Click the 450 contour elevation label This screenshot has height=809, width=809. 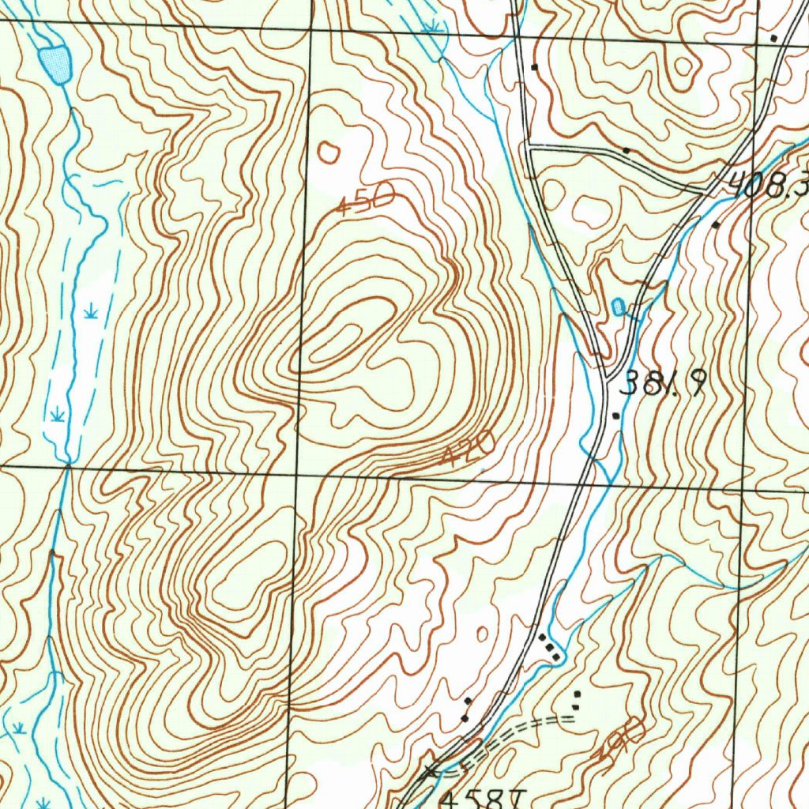click(366, 198)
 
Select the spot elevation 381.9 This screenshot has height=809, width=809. click(662, 384)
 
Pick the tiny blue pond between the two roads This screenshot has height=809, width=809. click(618, 306)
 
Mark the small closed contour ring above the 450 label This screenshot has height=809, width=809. click(329, 152)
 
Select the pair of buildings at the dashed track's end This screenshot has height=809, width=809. click(577, 699)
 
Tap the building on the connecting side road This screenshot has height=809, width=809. click(627, 149)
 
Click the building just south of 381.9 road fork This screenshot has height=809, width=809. click(616, 415)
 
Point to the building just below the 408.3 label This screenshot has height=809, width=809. click(716, 225)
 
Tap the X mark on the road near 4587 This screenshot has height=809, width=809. click(431, 770)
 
